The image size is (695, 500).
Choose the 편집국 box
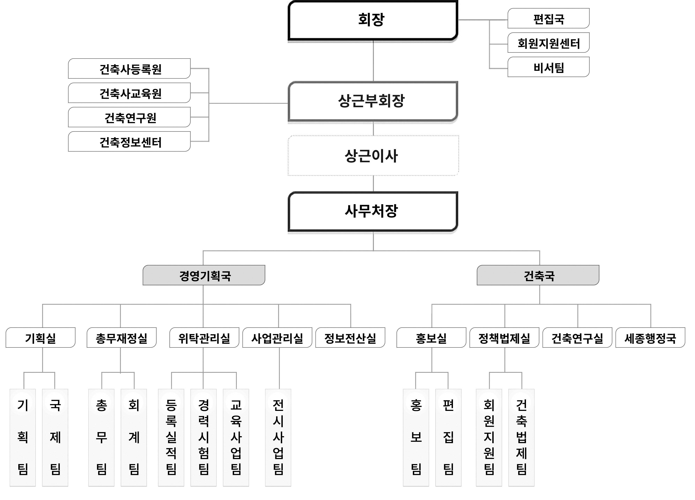548,18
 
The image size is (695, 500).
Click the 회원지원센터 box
548,43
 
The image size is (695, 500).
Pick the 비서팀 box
548,67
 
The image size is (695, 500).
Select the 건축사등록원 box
129,69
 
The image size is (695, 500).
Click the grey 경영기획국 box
204,275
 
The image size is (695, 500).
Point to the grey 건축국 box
538,275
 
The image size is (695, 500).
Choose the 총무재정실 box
121,338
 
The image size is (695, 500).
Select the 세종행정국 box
650,338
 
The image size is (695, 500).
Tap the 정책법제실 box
504,338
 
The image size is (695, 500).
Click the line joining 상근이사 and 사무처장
373,184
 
